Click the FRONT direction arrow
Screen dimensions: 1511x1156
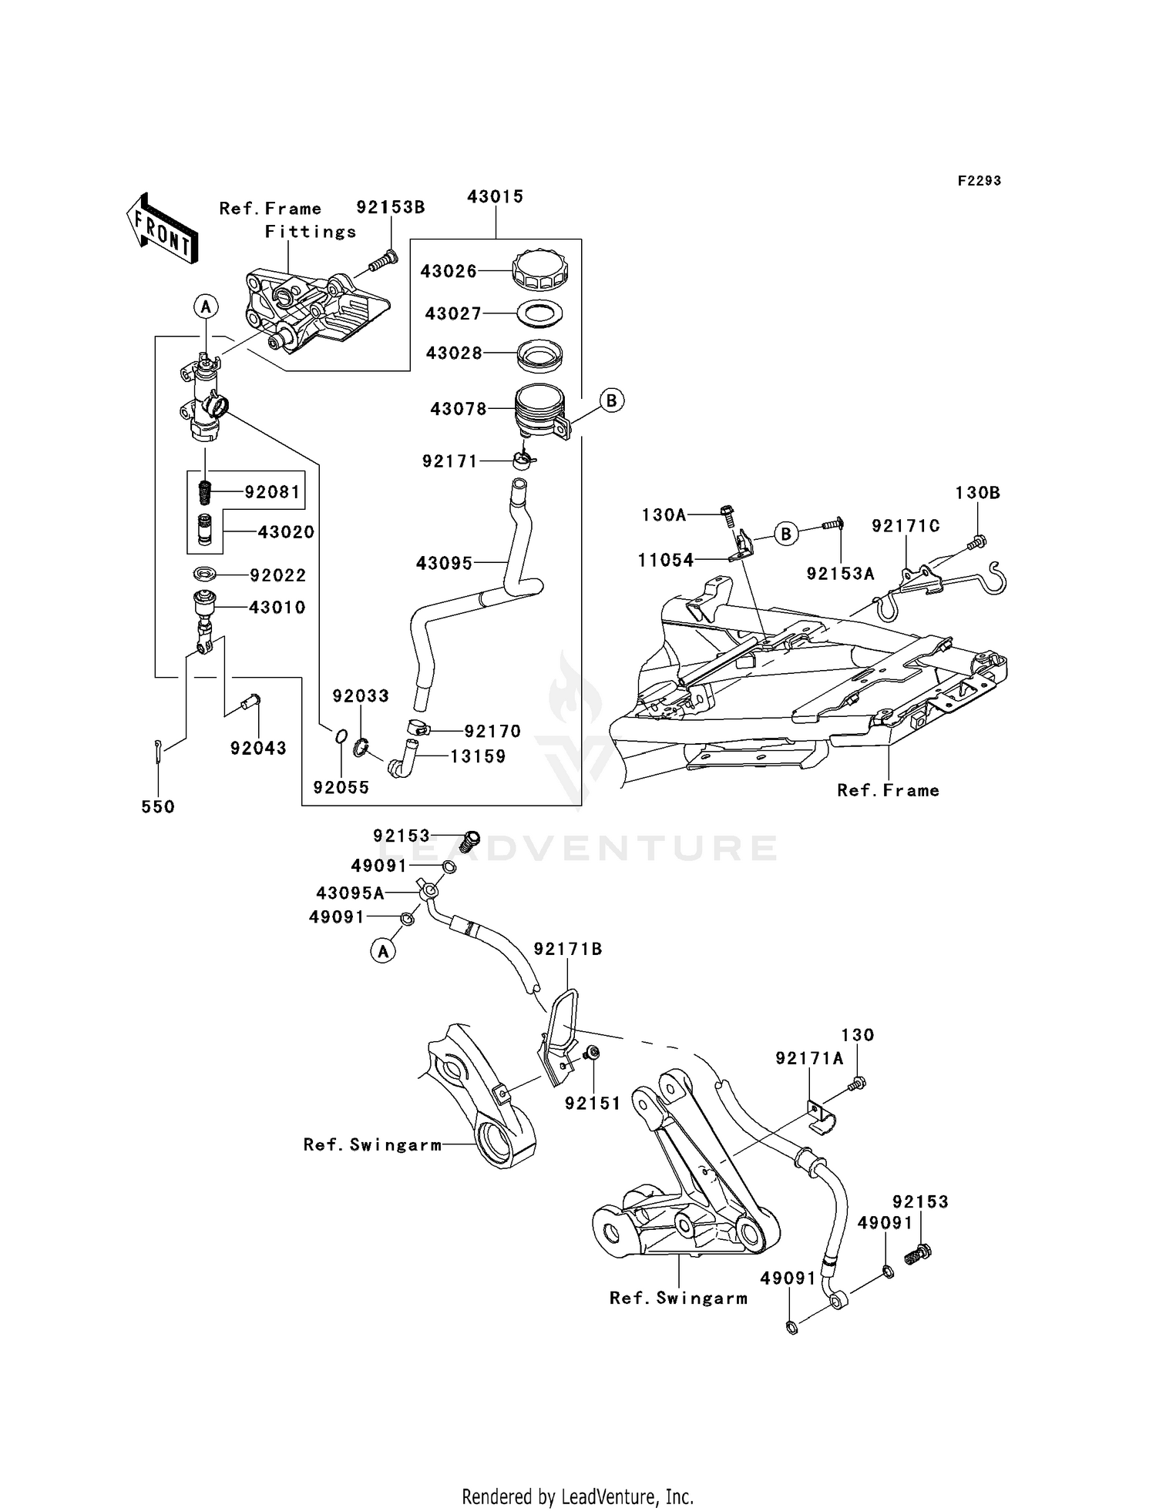[x=161, y=229]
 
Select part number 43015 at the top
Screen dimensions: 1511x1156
[x=495, y=196]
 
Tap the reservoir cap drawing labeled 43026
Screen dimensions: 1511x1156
[x=540, y=270]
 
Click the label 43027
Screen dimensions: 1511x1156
[x=453, y=313]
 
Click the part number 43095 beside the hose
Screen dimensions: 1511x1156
[x=444, y=564]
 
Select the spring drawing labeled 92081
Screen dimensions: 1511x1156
[x=205, y=491]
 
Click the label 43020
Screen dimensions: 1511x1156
[x=285, y=532]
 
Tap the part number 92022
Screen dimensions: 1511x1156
[x=277, y=575]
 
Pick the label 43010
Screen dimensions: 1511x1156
[x=277, y=608]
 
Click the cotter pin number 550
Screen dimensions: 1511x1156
[x=158, y=806]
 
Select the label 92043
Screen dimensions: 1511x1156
[x=257, y=748]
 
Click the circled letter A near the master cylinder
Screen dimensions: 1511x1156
[x=206, y=307]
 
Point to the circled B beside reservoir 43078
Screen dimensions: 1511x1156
[x=611, y=400]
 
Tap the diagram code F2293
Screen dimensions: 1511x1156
[x=979, y=181]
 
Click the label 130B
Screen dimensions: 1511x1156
[x=977, y=493]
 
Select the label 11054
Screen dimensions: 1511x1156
[x=666, y=560]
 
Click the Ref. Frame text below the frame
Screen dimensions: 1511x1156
[x=888, y=790]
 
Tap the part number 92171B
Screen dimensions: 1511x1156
[x=568, y=950]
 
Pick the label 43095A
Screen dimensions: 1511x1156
[x=350, y=893]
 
